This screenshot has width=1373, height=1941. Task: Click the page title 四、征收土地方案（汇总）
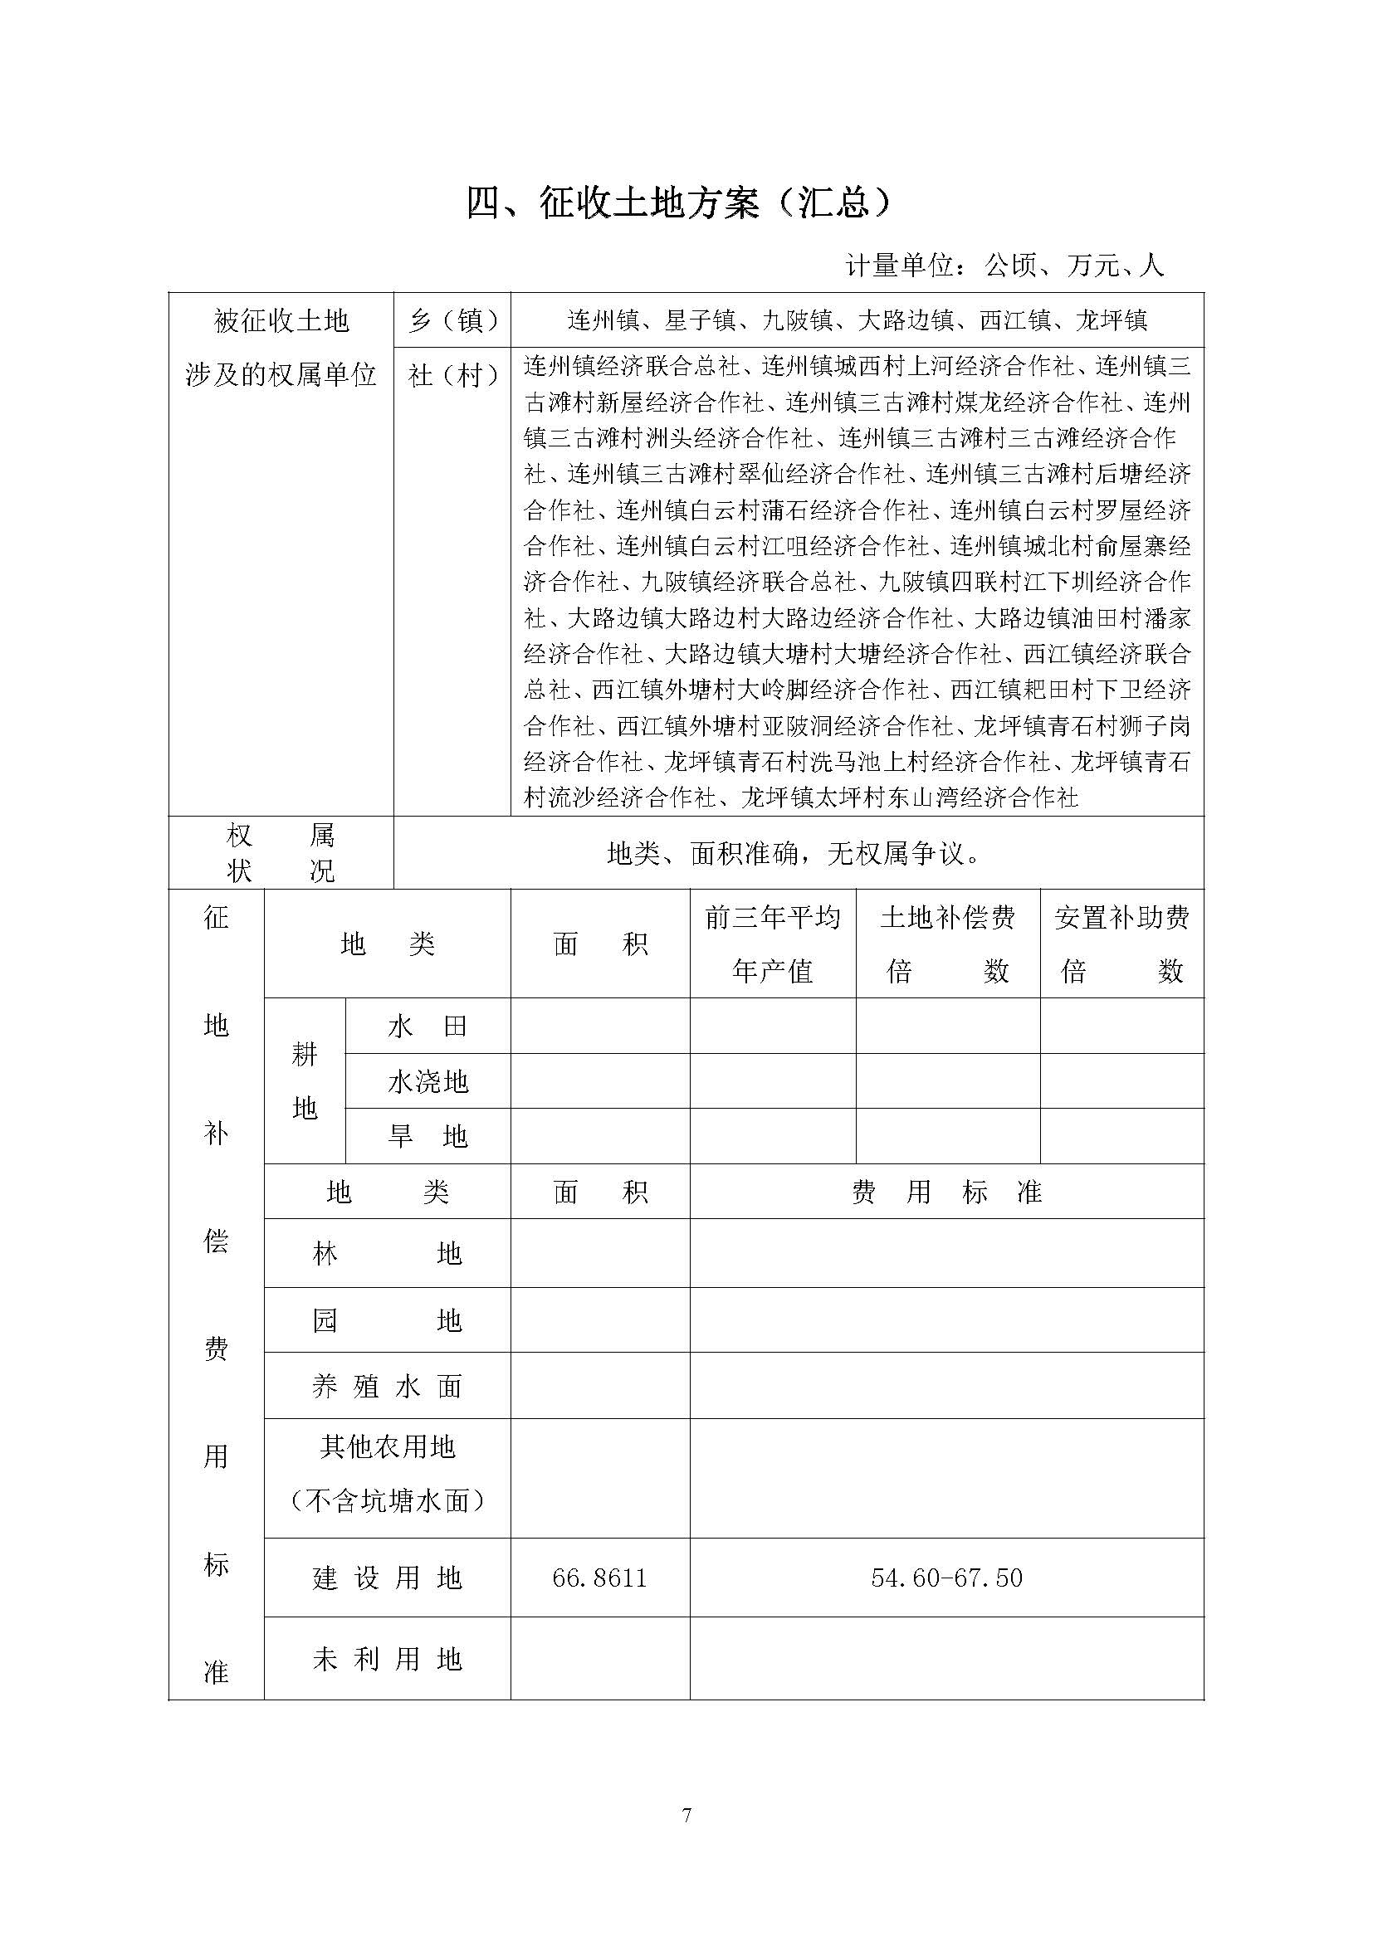click(x=678, y=204)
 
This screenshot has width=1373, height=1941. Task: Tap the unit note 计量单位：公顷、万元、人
click(x=1004, y=266)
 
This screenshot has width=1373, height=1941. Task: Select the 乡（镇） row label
click(x=452, y=320)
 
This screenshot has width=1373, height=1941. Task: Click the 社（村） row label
click(x=452, y=374)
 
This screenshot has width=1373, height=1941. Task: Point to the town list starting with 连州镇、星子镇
click(x=857, y=320)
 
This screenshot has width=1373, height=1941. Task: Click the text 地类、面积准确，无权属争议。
click(x=794, y=854)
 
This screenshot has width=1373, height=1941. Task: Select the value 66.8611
click(x=599, y=1578)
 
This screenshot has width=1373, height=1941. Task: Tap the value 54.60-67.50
click(x=946, y=1578)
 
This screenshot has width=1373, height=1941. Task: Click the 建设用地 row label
click(x=387, y=1578)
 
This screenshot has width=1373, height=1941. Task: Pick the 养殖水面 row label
click(x=387, y=1387)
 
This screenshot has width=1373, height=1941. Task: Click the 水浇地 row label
click(x=428, y=1081)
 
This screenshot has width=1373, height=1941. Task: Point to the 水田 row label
click(x=428, y=1027)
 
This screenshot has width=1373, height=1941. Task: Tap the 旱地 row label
click(x=428, y=1136)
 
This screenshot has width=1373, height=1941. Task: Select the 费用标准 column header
click(x=946, y=1192)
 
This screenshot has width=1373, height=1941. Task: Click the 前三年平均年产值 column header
click(x=773, y=944)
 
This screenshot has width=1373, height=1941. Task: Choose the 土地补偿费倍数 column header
click(x=947, y=944)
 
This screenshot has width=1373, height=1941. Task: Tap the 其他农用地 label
click(x=387, y=1447)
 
